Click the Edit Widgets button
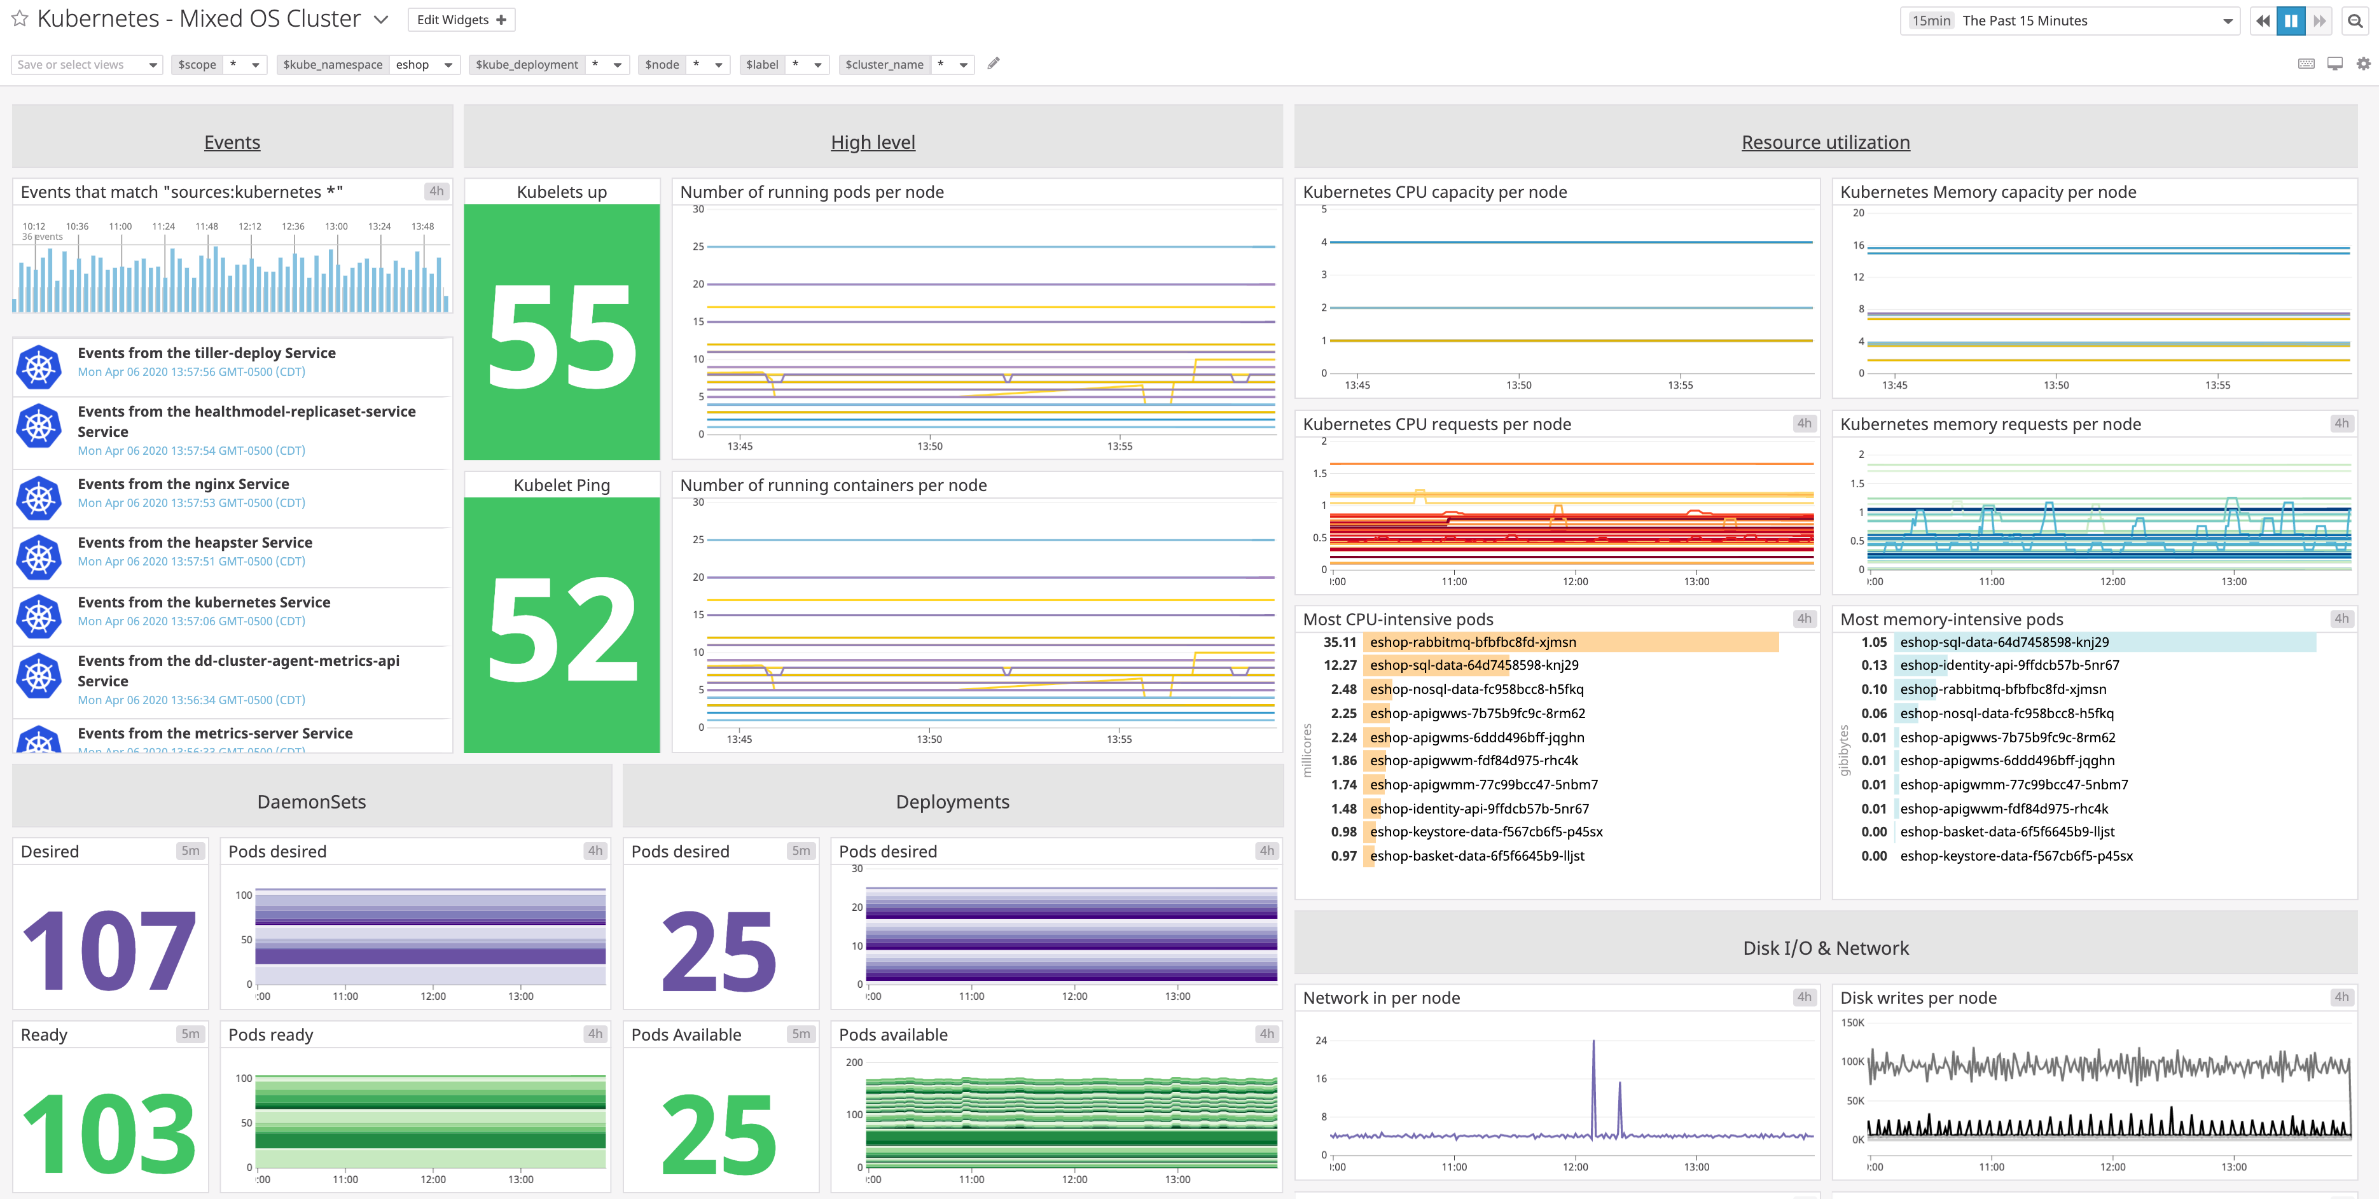(461, 19)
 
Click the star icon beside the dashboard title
(19, 18)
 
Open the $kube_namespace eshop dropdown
(423, 65)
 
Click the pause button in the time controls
(2291, 20)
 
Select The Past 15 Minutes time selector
(2069, 20)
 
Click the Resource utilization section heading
(1825, 142)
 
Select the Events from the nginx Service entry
(183, 484)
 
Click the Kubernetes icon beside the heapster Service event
(39, 556)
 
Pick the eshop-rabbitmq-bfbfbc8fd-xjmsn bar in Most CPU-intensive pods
(1570, 642)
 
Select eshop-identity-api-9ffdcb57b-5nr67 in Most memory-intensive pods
(2009, 665)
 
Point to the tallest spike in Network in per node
(1593, 1044)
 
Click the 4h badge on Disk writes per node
(2341, 997)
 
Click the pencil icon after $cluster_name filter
(994, 64)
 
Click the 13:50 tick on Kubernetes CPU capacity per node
(1518, 385)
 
